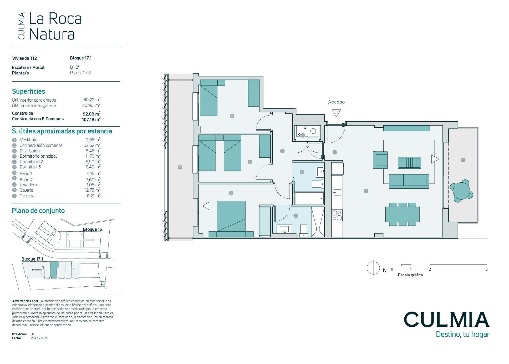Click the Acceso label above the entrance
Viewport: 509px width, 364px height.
336,102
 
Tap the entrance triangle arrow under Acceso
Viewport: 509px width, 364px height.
336,113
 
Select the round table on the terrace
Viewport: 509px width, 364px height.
461,191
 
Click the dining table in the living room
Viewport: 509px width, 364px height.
402,214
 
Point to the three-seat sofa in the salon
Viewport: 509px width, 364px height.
409,181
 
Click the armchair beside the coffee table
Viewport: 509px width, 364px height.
380,160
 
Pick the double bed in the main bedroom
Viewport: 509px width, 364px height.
231,219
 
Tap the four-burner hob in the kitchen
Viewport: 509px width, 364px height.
337,215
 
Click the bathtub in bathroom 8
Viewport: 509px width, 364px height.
309,198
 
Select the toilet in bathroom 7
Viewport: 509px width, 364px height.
304,231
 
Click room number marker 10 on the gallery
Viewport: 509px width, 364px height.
180,167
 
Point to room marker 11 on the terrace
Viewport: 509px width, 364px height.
463,160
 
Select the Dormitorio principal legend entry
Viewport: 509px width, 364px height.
38,156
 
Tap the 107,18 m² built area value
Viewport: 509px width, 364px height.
91,119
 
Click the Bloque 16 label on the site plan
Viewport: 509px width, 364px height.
92,229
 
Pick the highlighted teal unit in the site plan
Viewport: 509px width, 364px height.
54,270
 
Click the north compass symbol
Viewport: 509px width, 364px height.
373,268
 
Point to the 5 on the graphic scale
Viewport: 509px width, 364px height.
486,269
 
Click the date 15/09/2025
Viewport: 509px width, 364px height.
39,338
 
